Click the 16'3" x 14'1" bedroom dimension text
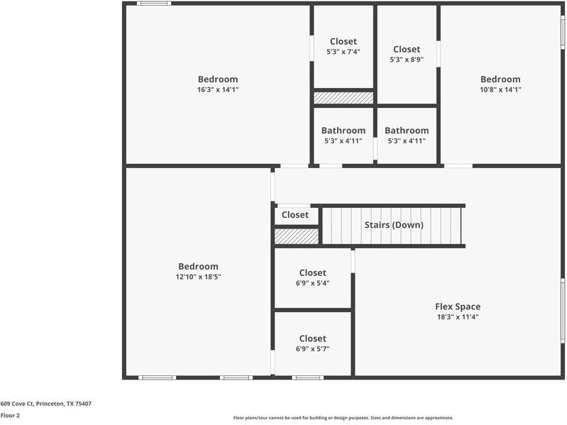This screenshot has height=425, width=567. [x=218, y=90]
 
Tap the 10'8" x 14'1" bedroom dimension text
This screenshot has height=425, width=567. [x=500, y=90]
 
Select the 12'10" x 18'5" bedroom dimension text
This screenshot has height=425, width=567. [x=198, y=277]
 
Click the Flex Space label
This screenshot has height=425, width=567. [x=457, y=307]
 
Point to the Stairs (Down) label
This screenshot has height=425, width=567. [x=394, y=225]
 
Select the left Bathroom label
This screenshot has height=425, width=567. [x=343, y=131]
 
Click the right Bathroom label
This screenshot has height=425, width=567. [x=407, y=131]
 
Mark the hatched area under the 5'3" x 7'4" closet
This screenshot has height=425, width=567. [x=343, y=98]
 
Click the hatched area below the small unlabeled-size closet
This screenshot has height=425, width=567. [x=297, y=236]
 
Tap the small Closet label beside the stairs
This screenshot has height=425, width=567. [x=295, y=215]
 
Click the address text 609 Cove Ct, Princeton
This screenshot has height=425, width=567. [x=46, y=404]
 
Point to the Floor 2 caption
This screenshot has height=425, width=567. [x=10, y=416]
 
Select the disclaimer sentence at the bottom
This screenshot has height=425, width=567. [x=343, y=418]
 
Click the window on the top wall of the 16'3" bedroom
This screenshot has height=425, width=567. [x=153, y=4]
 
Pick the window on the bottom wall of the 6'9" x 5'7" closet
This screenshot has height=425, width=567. [x=308, y=377]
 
